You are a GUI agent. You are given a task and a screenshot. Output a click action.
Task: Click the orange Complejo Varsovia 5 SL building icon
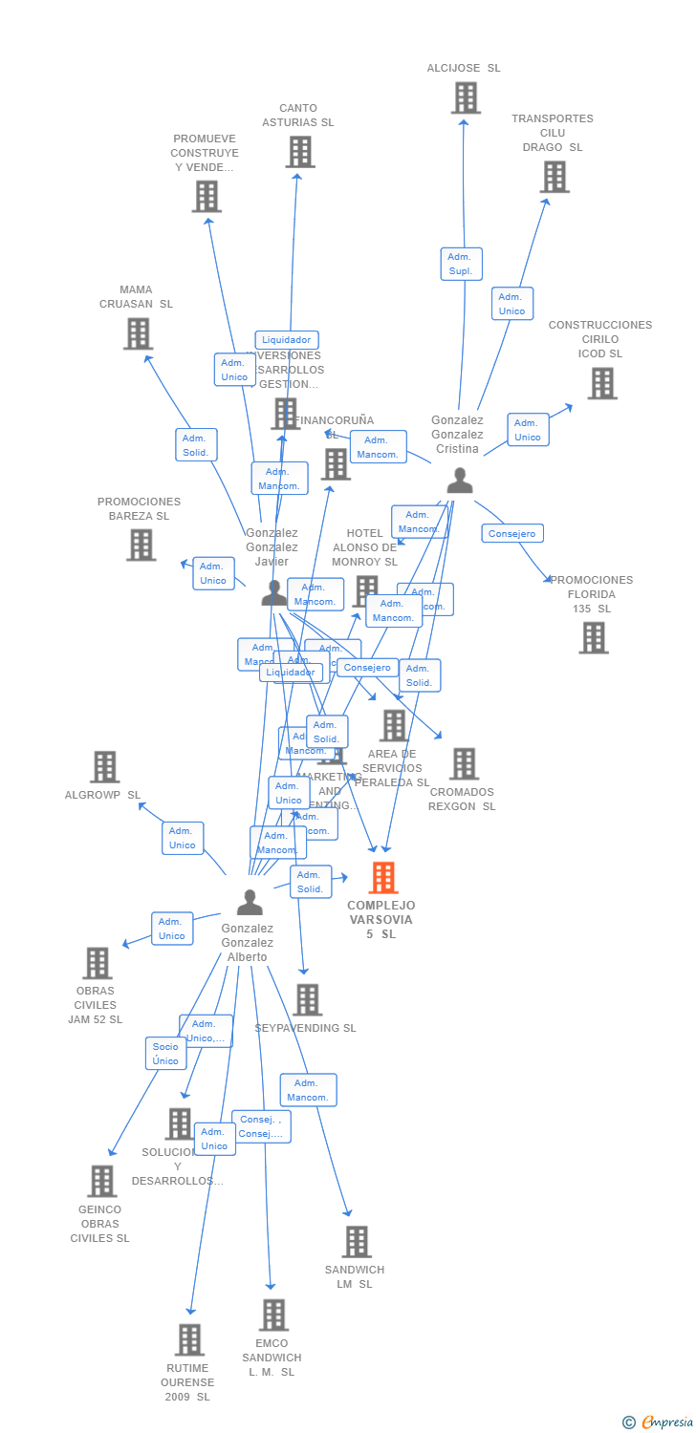(383, 877)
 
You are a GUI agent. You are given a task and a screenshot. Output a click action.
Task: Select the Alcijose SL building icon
(466, 97)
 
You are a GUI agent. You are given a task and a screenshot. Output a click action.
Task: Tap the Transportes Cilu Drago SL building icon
(555, 177)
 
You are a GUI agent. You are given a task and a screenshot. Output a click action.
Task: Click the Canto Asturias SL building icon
(300, 152)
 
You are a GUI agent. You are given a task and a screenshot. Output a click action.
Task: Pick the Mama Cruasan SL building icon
(138, 333)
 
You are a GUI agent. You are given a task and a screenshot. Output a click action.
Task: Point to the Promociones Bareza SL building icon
(141, 545)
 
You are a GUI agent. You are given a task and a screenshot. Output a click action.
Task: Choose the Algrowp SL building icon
(104, 766)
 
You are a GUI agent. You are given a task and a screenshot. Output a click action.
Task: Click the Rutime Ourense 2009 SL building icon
(189, 1339)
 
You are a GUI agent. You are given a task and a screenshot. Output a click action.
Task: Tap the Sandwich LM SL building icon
(357, 1241)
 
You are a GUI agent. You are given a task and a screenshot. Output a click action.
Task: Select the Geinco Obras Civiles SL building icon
(101, 1181)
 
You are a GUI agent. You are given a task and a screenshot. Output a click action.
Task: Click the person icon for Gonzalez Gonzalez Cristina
(460, 481)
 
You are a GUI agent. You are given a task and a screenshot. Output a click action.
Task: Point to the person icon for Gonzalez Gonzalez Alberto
(250, 902)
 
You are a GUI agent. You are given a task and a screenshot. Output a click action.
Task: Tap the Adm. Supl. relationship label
(461, 264)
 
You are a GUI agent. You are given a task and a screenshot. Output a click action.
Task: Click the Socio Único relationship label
(165, 1054)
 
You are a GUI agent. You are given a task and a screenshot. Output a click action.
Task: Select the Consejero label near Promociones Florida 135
(512, 534)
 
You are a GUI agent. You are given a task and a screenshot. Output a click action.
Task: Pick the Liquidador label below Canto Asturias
(287, 340)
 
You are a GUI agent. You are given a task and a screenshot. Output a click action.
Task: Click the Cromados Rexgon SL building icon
(465, 763)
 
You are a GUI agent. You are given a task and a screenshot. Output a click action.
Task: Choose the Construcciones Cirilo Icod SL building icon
(601, 383)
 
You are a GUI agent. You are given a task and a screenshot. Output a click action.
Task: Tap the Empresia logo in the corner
(660, 1422)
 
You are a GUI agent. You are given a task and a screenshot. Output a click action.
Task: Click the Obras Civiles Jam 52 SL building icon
(98, 963)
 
